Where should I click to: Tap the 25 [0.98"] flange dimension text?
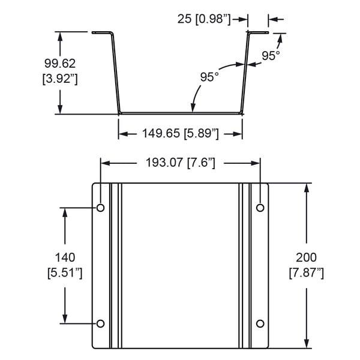point(204,19)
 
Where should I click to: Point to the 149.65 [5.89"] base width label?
point(180,133)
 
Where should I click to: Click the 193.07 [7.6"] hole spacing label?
point(181,162)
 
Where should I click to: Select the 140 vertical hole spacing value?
point(64,257)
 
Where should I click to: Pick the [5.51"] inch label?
point(64,273)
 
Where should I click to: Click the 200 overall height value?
point(306,257)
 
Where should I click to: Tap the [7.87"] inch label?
point(306,273)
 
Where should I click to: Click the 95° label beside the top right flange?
point(271,56)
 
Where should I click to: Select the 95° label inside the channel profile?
point(209,77)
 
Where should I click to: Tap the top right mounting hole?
point(260,208)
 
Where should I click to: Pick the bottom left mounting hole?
point(101,323)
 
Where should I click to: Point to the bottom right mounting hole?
point(260,323)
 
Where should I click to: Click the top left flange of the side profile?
point(102,33)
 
